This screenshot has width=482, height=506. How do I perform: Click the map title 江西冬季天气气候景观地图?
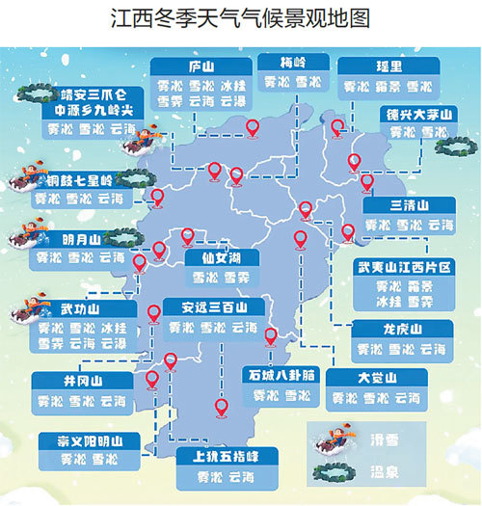pos(240,19)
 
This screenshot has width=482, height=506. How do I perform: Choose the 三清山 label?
pos(410,206)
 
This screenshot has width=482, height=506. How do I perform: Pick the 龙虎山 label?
pos(402,329)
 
